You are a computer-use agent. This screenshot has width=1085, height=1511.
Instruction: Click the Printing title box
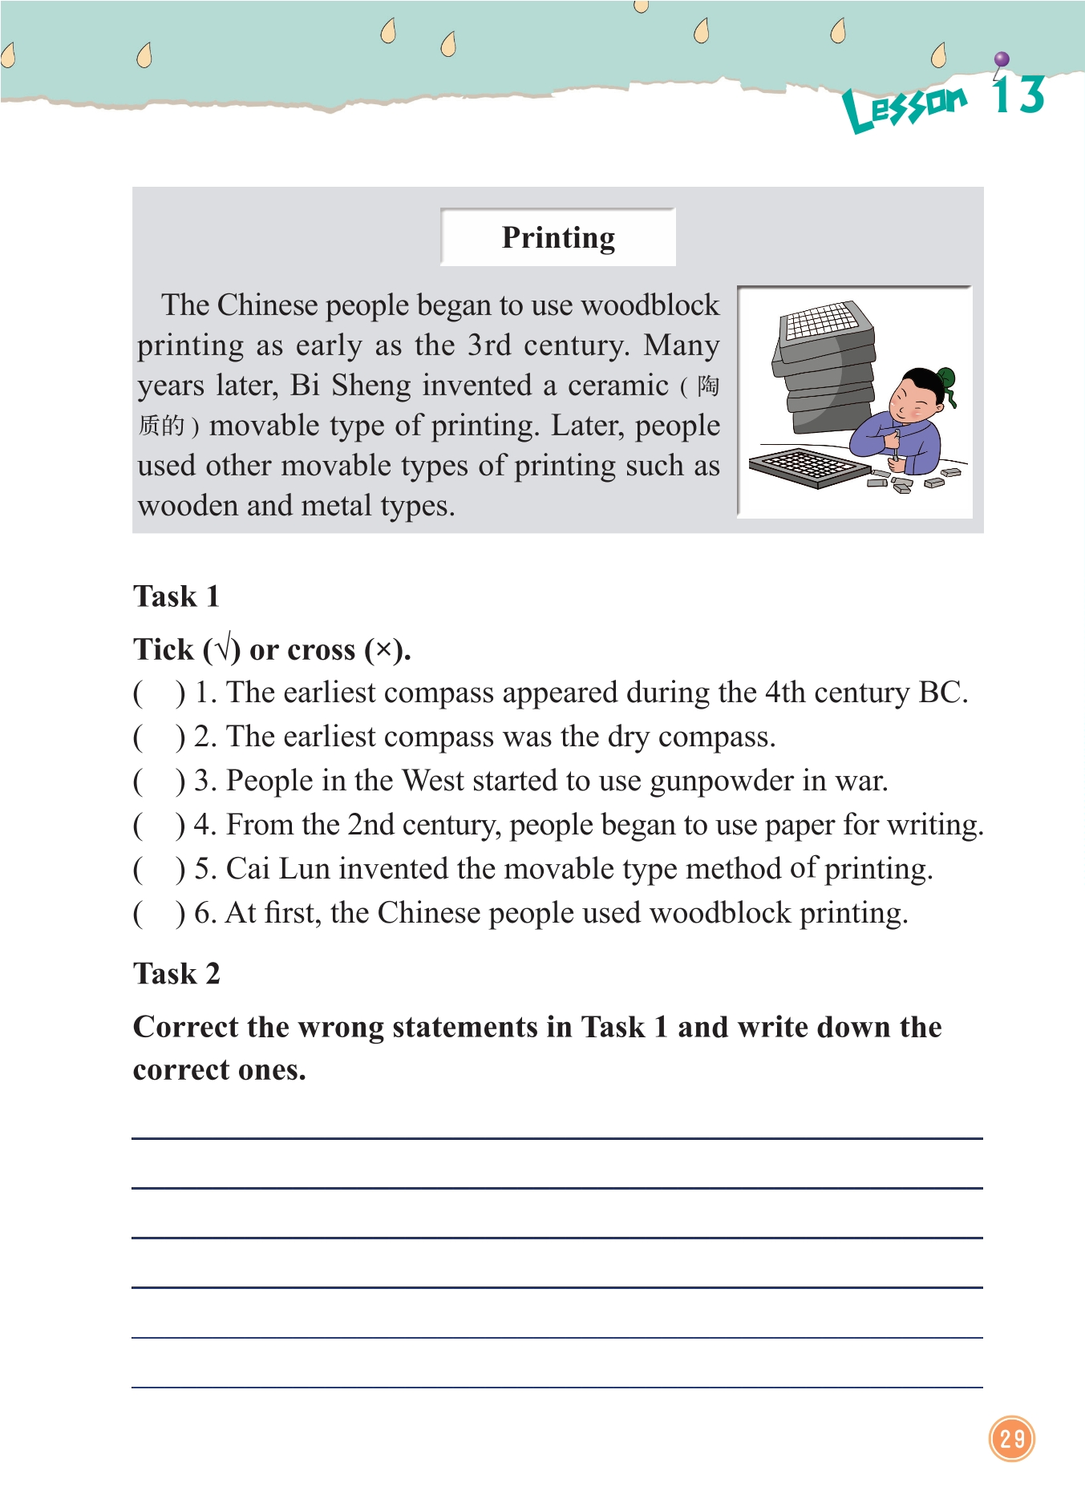[558, 237]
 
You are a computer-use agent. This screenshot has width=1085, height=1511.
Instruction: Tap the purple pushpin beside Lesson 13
[1001, 60]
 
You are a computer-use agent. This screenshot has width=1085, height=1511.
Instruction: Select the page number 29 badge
[1012, 1438]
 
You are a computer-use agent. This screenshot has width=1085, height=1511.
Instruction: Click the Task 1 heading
[176, 596]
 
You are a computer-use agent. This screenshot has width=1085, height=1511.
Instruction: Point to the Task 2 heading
[176, 974]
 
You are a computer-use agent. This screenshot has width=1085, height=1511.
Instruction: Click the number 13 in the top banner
[1018, 95]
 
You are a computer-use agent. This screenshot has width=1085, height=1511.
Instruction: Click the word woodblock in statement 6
[720, 914]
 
